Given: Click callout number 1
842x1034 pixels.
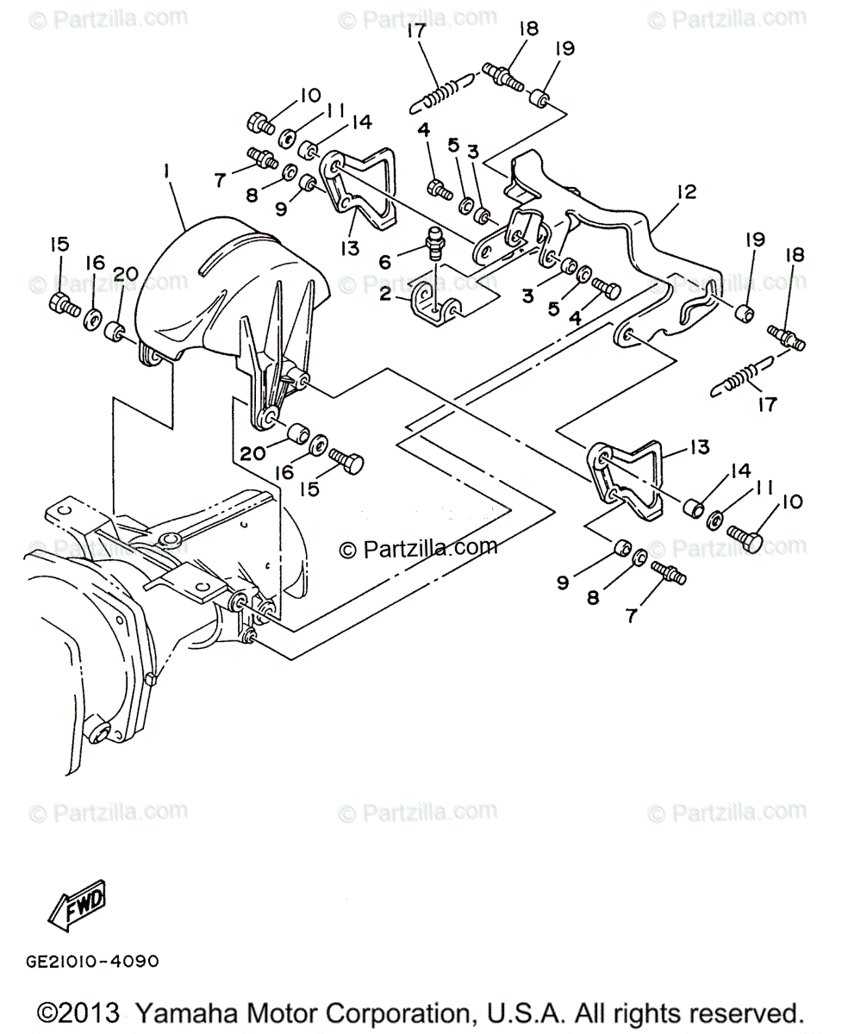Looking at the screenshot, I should [165, 173].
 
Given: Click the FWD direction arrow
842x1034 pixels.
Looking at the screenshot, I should [77, 906].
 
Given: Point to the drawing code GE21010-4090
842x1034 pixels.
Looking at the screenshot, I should [87, 960].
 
